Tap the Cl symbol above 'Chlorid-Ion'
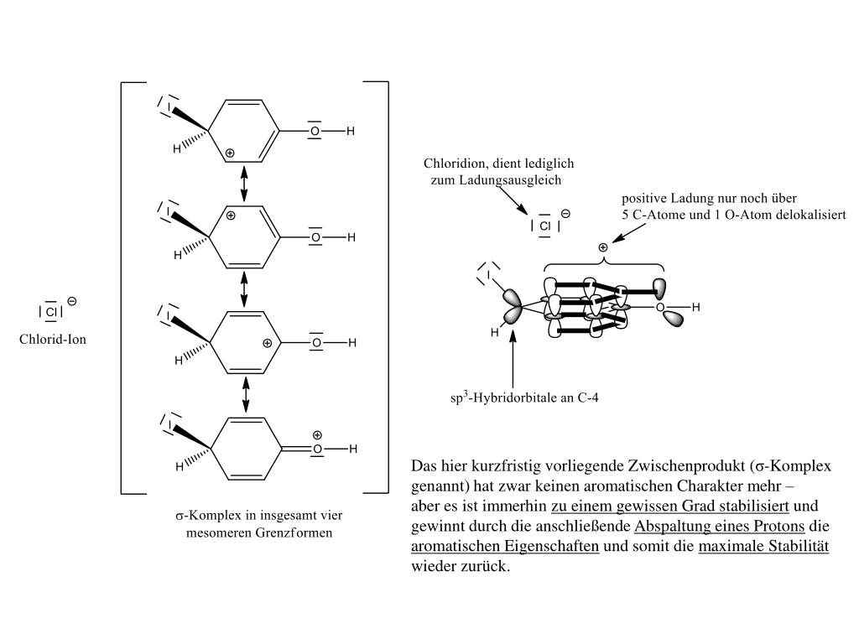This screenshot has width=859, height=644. (50, 312)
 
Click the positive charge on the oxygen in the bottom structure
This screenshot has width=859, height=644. (317, 435)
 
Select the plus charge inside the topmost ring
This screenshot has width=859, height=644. (230, 153)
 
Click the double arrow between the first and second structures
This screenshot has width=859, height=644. (244, 183)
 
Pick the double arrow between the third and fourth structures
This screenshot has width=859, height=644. (245, 394)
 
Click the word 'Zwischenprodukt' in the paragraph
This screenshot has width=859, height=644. (676, 467)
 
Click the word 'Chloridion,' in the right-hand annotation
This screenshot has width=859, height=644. (458, 164)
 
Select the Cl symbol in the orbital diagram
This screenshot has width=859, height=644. (544, 226)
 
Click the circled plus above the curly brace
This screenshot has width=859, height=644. (602, 247)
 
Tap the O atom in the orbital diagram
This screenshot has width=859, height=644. (660, 308)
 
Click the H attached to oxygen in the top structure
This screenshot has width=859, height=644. (351, 131)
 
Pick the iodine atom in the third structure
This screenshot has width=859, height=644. (169, 317)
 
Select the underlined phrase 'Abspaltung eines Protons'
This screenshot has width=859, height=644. (720, 527)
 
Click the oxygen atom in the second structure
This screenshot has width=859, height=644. (316, 237)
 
